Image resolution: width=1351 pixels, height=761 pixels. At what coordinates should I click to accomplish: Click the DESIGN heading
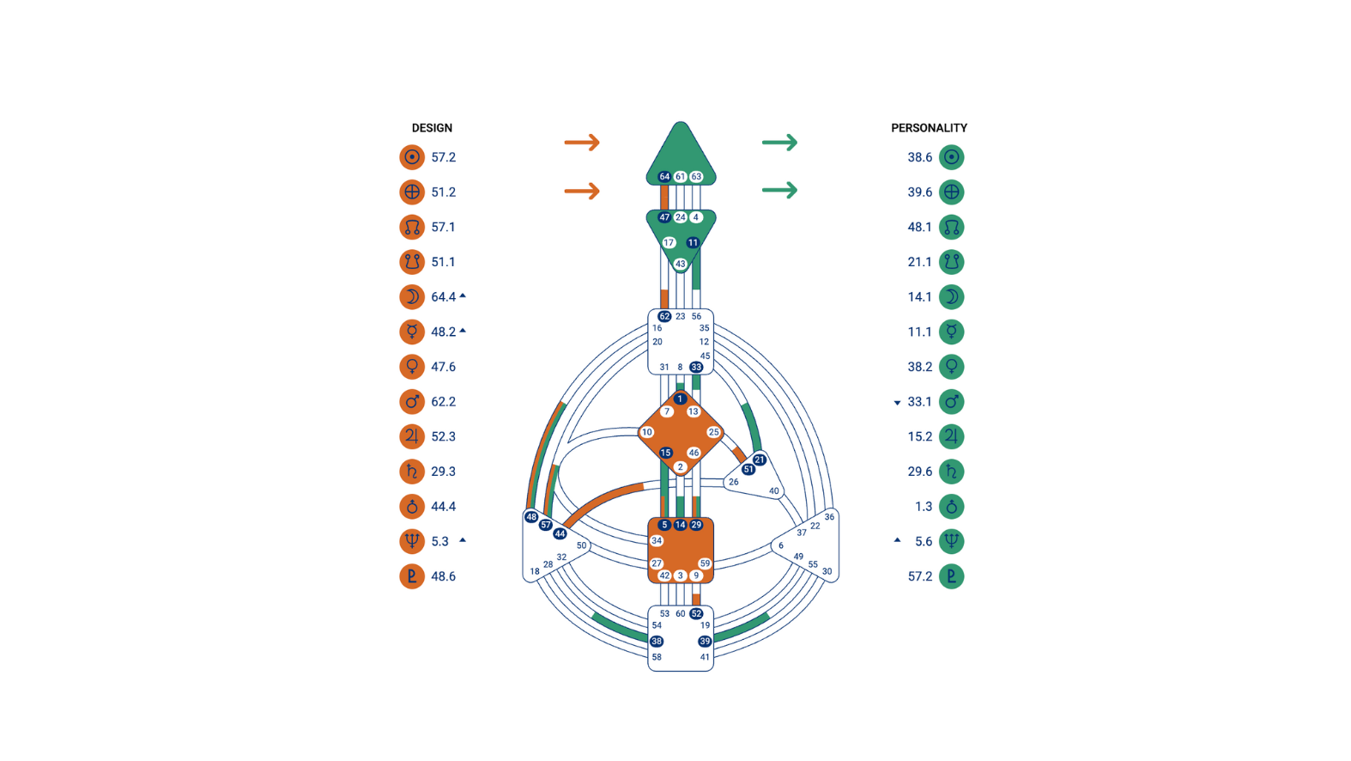(432, 128)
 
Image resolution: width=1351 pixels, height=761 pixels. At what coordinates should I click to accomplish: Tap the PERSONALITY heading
(929, 128)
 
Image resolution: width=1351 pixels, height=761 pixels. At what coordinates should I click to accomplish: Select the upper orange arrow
(582, 143)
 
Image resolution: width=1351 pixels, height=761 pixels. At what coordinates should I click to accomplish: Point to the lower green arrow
(780, 190)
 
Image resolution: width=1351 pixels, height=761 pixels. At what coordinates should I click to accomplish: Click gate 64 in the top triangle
(664, 176)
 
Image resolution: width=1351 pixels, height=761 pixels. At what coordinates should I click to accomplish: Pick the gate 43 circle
(681, 264)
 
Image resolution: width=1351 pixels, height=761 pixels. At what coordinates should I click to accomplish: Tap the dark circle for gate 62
(664, 316)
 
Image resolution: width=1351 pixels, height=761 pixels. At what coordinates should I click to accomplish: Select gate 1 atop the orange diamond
(680, 399)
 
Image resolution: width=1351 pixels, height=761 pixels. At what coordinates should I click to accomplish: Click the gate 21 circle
(760, 460)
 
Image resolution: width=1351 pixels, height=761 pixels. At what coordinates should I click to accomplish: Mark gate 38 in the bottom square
(657, 641)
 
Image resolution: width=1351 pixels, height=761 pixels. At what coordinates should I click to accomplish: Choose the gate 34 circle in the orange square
(657, 541)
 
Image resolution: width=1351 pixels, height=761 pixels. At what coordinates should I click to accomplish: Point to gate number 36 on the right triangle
(829, 516)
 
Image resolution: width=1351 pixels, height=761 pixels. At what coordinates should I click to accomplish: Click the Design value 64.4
(443, 297)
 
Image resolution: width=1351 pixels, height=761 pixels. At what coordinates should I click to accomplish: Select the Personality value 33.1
(920, 402)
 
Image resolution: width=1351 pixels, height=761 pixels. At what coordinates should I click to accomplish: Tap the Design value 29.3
(443, 472)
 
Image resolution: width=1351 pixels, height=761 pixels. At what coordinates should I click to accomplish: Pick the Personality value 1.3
(924, 506)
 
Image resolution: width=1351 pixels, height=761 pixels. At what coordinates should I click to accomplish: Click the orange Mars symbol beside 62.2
(412, 402)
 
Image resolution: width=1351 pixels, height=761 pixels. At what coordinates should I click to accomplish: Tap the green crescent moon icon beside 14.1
(952, 297)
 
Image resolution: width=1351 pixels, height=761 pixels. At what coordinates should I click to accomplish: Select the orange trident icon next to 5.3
(412, 541)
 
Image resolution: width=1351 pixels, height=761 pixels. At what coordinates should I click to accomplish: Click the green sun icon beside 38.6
(952, 157)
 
